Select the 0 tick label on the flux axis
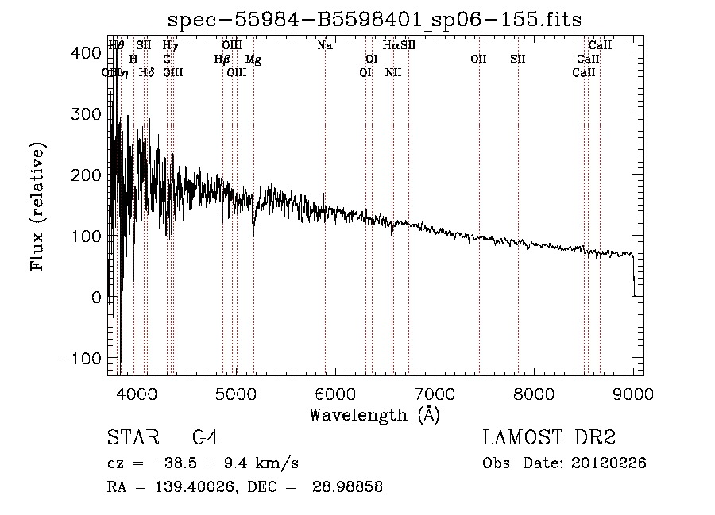(95, 297)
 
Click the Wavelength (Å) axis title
(374, 414)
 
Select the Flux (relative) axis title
(38, 206)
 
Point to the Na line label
(324, 46)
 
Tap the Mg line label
(253, 60)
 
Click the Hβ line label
(222, 60)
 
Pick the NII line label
(393, 73)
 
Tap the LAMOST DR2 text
(549, 438)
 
